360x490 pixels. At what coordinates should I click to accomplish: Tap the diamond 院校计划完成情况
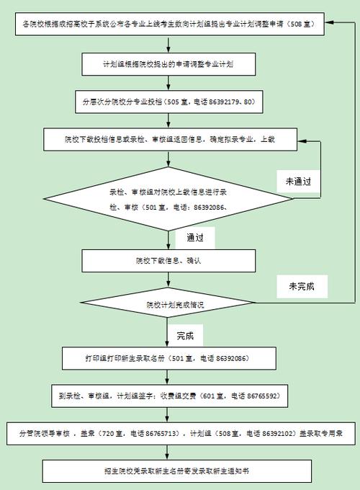point(175,305)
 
